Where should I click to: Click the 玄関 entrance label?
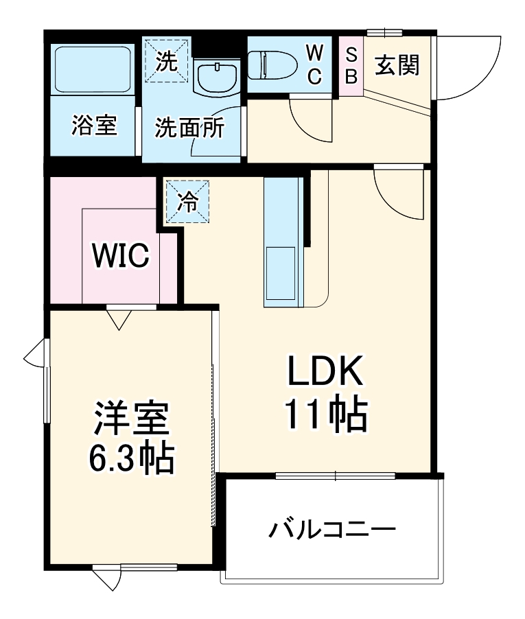pos(397,66)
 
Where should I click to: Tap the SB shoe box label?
pos(351,66)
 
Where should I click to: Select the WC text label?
pos(314,65)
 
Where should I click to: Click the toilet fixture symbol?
pos(272,66)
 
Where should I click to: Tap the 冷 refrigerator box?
pos(187,201)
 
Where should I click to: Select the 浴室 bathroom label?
pos(94,126)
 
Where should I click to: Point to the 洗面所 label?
pos(189,128)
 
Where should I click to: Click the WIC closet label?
pos(121,256)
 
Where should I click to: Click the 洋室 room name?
pos(131,421)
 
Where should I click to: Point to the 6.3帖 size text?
pos(130,459)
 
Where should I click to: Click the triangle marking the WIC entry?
pos(119,318)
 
